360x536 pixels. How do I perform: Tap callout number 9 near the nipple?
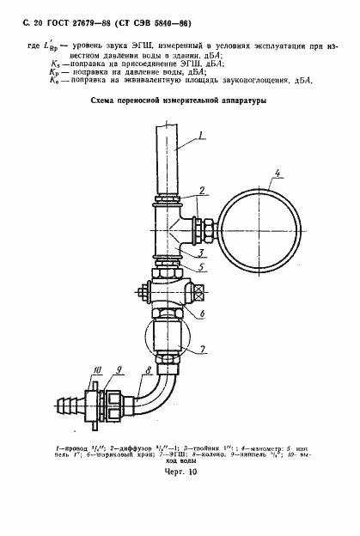point(119,368)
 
